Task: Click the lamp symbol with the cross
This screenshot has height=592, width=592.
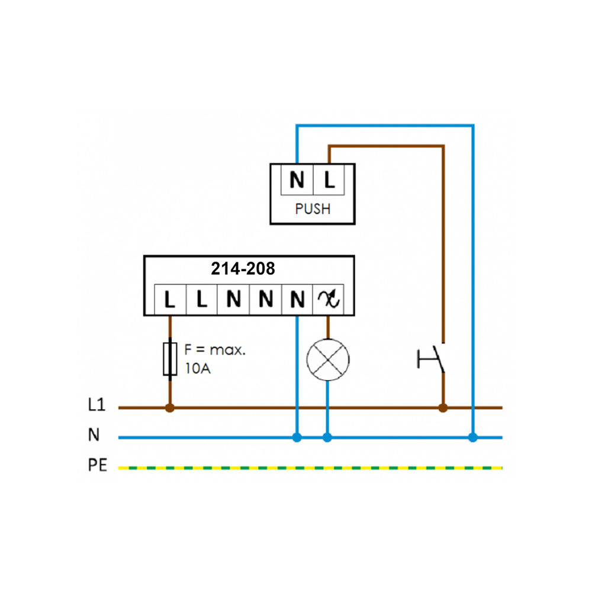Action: (328, 359)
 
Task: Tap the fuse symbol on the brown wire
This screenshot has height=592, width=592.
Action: (170, 359)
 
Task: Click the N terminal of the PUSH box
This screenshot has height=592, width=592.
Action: (297, 179)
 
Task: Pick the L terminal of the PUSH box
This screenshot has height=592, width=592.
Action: (329, 179)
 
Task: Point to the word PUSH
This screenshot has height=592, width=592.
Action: (313, 209)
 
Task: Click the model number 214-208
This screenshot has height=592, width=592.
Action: (243, 268)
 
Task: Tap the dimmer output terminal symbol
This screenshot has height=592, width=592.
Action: (328, 300)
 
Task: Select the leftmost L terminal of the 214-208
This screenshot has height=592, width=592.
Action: (170, 300)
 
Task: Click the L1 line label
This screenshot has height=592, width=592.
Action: (96, 404)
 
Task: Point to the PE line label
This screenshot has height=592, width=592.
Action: (98, 465)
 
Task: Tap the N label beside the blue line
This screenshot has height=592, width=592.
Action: (94, 435)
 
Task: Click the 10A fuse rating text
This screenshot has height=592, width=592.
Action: (198, 368)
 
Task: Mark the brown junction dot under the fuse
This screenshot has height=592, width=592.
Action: (170, 408)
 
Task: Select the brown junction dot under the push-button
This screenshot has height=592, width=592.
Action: (443, 408)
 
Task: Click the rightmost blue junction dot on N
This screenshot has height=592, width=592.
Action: (472, 437)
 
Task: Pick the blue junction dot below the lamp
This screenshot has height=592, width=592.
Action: (327, 437)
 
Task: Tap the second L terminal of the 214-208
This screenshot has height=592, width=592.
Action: (202, 300)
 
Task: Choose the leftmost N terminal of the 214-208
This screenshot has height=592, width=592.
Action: (233, 300)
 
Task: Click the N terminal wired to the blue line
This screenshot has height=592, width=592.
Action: (297, 300)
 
